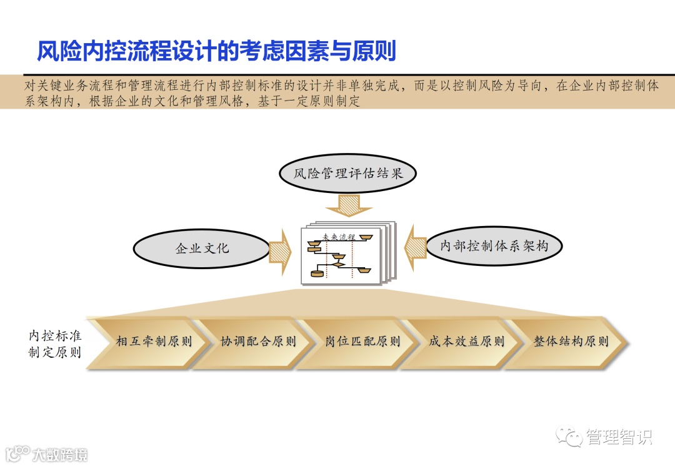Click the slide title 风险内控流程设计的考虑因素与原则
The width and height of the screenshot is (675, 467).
click(x=216, y=51)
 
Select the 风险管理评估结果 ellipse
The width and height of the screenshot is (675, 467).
click(x=347, y=173)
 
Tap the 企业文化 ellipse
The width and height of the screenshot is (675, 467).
click(x=202, y=248)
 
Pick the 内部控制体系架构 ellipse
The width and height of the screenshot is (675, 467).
click(x=494, y=245)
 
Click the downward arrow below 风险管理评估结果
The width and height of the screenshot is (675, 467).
click(x=348, y=204)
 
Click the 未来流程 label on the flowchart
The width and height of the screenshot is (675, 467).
click(x=338, y=237)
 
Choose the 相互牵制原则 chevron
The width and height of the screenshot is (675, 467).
click(x=153, y=342)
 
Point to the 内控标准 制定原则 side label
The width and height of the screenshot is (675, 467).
click(x=55, y=343)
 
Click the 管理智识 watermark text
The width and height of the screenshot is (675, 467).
click(x=618, y=437)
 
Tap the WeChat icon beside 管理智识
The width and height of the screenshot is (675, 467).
click(x=570, y=437)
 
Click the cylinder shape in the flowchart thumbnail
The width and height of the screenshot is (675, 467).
click(x=318, y=273)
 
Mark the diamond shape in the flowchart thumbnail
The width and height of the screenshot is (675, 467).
click(x=339, y=264)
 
